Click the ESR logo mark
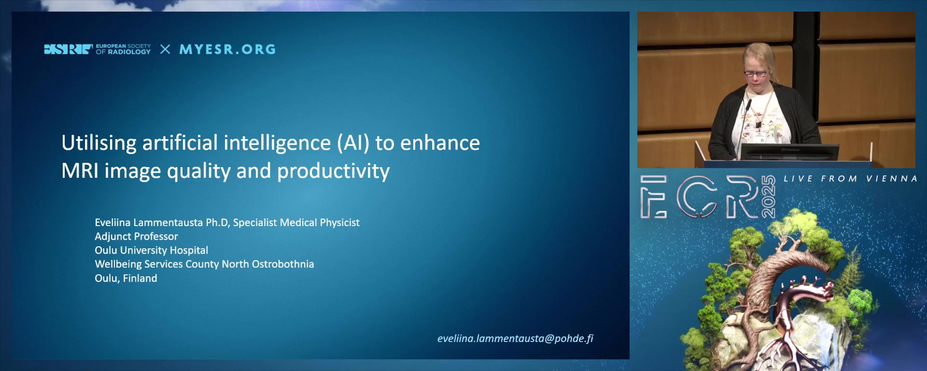pyautogui.click(x=68, y=49)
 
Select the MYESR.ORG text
pyautogui.click(x=227, y=49)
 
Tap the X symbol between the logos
pyautogui.click(x=165, y=49)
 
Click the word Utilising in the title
pyautogui.click(x=99, y=143)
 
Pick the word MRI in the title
pyautogui.click(x=80, y=171)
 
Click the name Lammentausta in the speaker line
pyautogui.click(x=168, y=223)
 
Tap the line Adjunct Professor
pyautogui.click(x=136, y=237)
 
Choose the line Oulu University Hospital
pyautogui.click(x=152, y=250)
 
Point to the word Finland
pyautogui.click(x=140, y=278)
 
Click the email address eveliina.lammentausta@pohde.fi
pyautogui.click(x=515, y=339)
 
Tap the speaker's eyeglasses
pyautogui.click(x=756, y=74)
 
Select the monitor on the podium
pyautogui.click(x=789, y=152)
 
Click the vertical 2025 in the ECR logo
pyautogui.click(x=768, y=197)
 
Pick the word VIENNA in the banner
pyautogui.click(x=892, y=179)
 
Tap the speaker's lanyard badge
pyautogui.click(x=758, y=125)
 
